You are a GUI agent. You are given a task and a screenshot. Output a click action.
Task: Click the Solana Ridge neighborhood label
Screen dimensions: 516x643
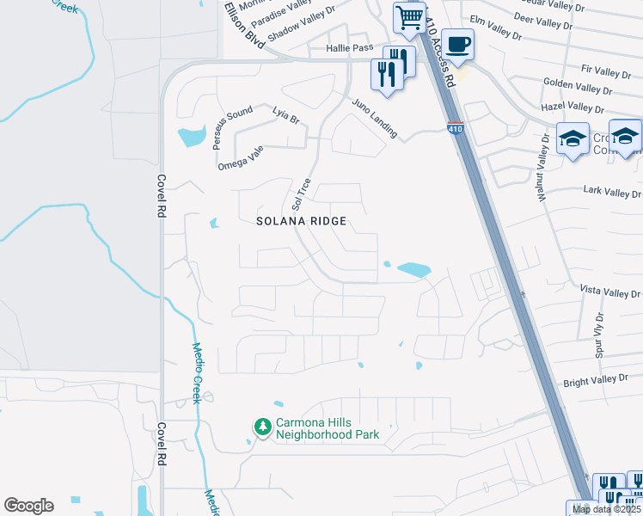[302, 221]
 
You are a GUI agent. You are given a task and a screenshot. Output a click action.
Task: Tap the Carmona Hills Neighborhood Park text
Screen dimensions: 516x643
[327, 429]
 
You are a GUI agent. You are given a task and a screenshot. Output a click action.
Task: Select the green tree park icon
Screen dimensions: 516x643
[261, 427]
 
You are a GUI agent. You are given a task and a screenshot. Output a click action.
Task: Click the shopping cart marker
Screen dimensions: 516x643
[409, 16]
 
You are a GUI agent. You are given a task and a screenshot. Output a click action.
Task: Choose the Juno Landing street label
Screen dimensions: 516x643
[374, 118]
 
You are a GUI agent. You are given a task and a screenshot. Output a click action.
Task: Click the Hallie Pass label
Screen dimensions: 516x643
[349, 49]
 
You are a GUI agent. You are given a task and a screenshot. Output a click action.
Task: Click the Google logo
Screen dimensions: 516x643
[28, 506]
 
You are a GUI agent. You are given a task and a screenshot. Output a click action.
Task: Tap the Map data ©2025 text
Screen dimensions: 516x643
[607, 509]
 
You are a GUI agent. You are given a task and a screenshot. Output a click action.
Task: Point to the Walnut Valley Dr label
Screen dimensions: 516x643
[542, 170]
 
